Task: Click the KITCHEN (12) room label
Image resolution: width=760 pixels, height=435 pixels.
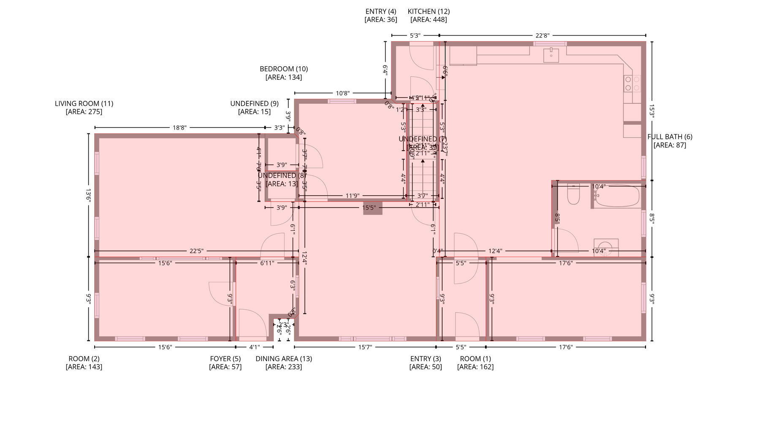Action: [429, 11]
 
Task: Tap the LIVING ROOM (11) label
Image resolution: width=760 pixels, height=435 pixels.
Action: [84, 103]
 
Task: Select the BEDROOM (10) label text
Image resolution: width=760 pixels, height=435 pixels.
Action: [284, 69]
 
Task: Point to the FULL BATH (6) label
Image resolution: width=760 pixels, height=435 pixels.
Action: [670, 137]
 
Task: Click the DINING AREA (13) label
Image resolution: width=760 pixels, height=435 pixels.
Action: [284, 359]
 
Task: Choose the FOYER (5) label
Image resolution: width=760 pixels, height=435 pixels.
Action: [225, 359]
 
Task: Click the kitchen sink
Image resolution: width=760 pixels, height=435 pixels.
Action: [551, 55]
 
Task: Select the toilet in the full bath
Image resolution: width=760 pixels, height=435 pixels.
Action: [573, 195]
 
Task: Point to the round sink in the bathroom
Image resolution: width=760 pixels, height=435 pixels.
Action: [606, 247]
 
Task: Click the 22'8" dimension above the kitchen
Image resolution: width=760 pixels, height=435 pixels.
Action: [542, 35]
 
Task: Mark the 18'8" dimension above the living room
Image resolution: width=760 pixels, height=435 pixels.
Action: [179, 127]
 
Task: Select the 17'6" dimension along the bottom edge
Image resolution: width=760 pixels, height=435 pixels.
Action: [566, 347]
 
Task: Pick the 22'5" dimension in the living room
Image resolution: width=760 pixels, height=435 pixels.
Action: [196, 251]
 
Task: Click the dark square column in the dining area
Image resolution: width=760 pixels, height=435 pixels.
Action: [372, 208]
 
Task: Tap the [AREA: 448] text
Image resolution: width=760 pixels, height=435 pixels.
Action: [429, 19]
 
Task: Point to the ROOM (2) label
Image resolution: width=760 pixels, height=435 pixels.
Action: [84, 359]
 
